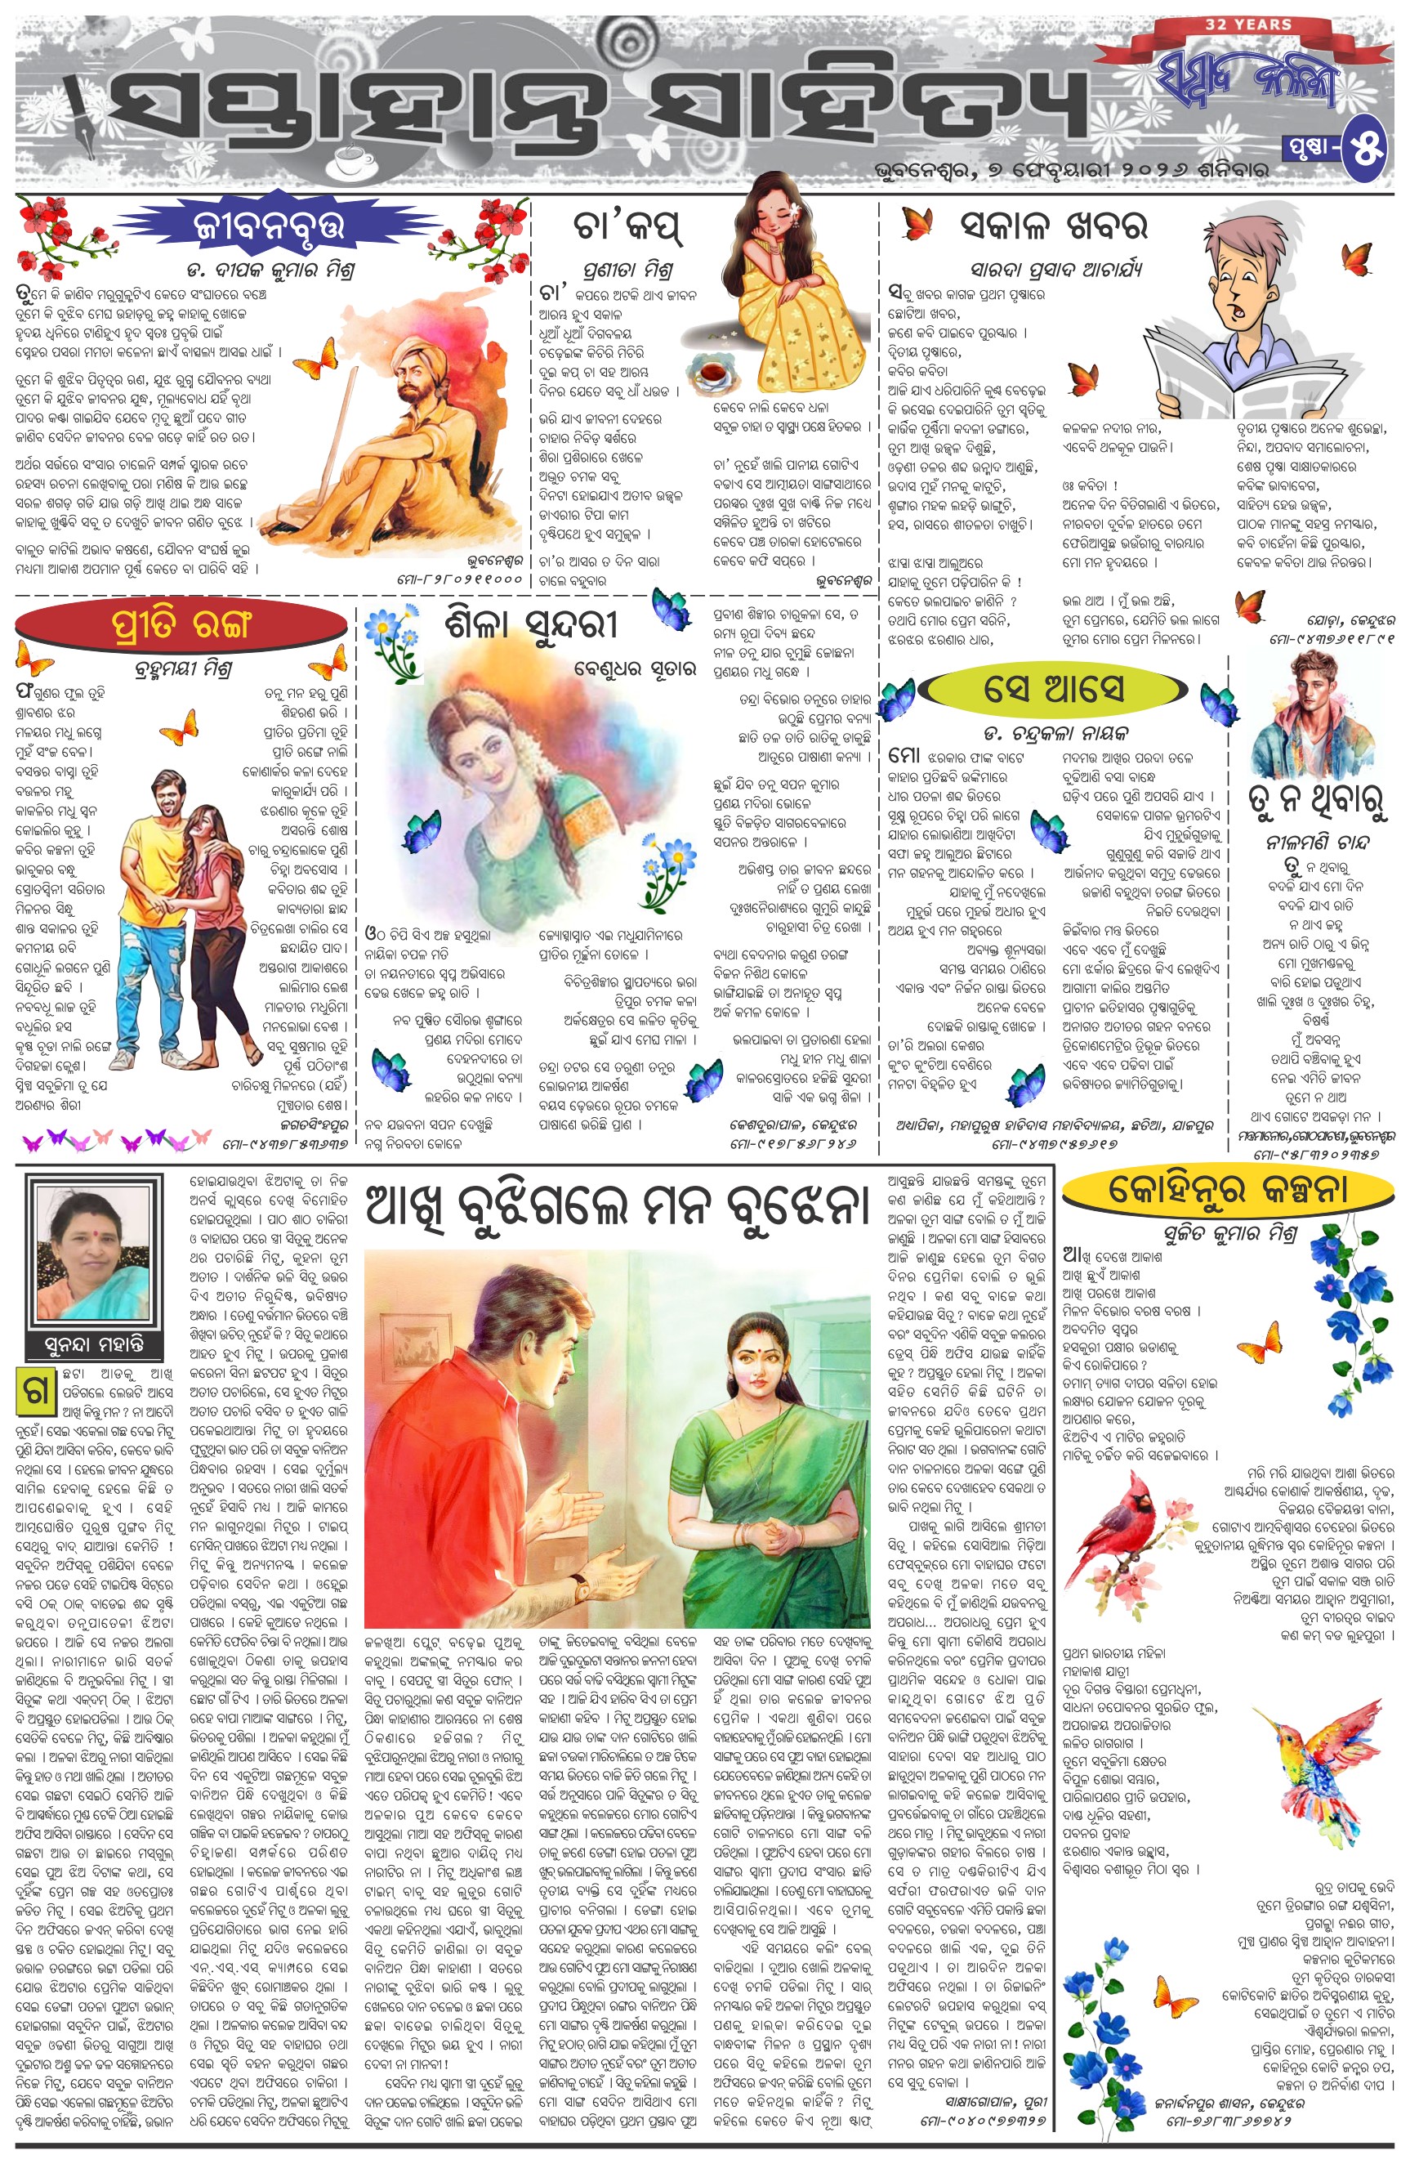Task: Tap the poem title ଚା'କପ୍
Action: coord(627,227)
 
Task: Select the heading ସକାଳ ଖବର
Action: coord(1055,225)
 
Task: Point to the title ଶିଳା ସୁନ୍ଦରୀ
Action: coord(532,625)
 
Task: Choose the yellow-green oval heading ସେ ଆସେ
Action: coord(1054,688)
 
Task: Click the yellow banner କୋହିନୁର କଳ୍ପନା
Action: coord(1226,1189)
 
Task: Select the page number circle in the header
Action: coord(1368,148)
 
